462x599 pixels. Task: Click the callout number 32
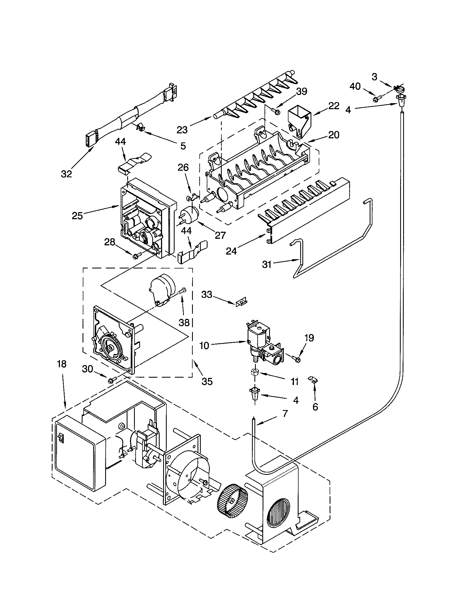66,174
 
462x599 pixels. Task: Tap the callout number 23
182,130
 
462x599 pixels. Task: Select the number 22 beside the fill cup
334,106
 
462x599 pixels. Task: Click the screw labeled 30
112,380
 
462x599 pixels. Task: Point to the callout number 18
62,364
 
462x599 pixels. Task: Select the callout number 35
207,381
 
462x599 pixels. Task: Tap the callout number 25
77,216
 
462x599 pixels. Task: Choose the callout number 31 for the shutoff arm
266,264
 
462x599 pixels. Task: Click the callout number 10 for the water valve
204,346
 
